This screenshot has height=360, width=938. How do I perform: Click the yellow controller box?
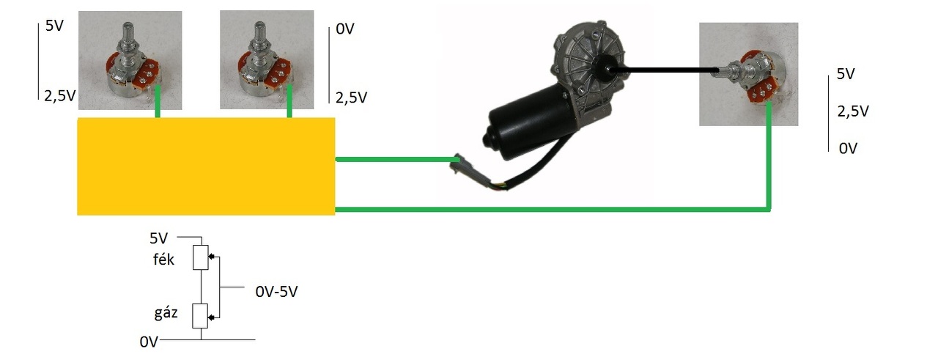coord(206,166)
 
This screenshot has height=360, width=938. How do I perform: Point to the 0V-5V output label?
coord(277,291)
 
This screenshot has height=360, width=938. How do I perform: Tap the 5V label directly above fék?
coord(159,238)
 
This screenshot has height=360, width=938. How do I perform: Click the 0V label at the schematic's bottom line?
coord(149,341)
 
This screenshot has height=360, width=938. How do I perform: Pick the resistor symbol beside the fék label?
coord(200,258)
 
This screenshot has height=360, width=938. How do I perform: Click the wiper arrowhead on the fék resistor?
coord(212,257)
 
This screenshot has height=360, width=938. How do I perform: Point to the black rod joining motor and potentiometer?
coord(667,70)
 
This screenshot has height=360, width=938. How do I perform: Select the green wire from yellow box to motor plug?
coord(396,158)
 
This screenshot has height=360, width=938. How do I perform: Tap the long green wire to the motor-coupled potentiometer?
coord(550,210)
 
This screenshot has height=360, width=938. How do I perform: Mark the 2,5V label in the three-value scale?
coord(853,111)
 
